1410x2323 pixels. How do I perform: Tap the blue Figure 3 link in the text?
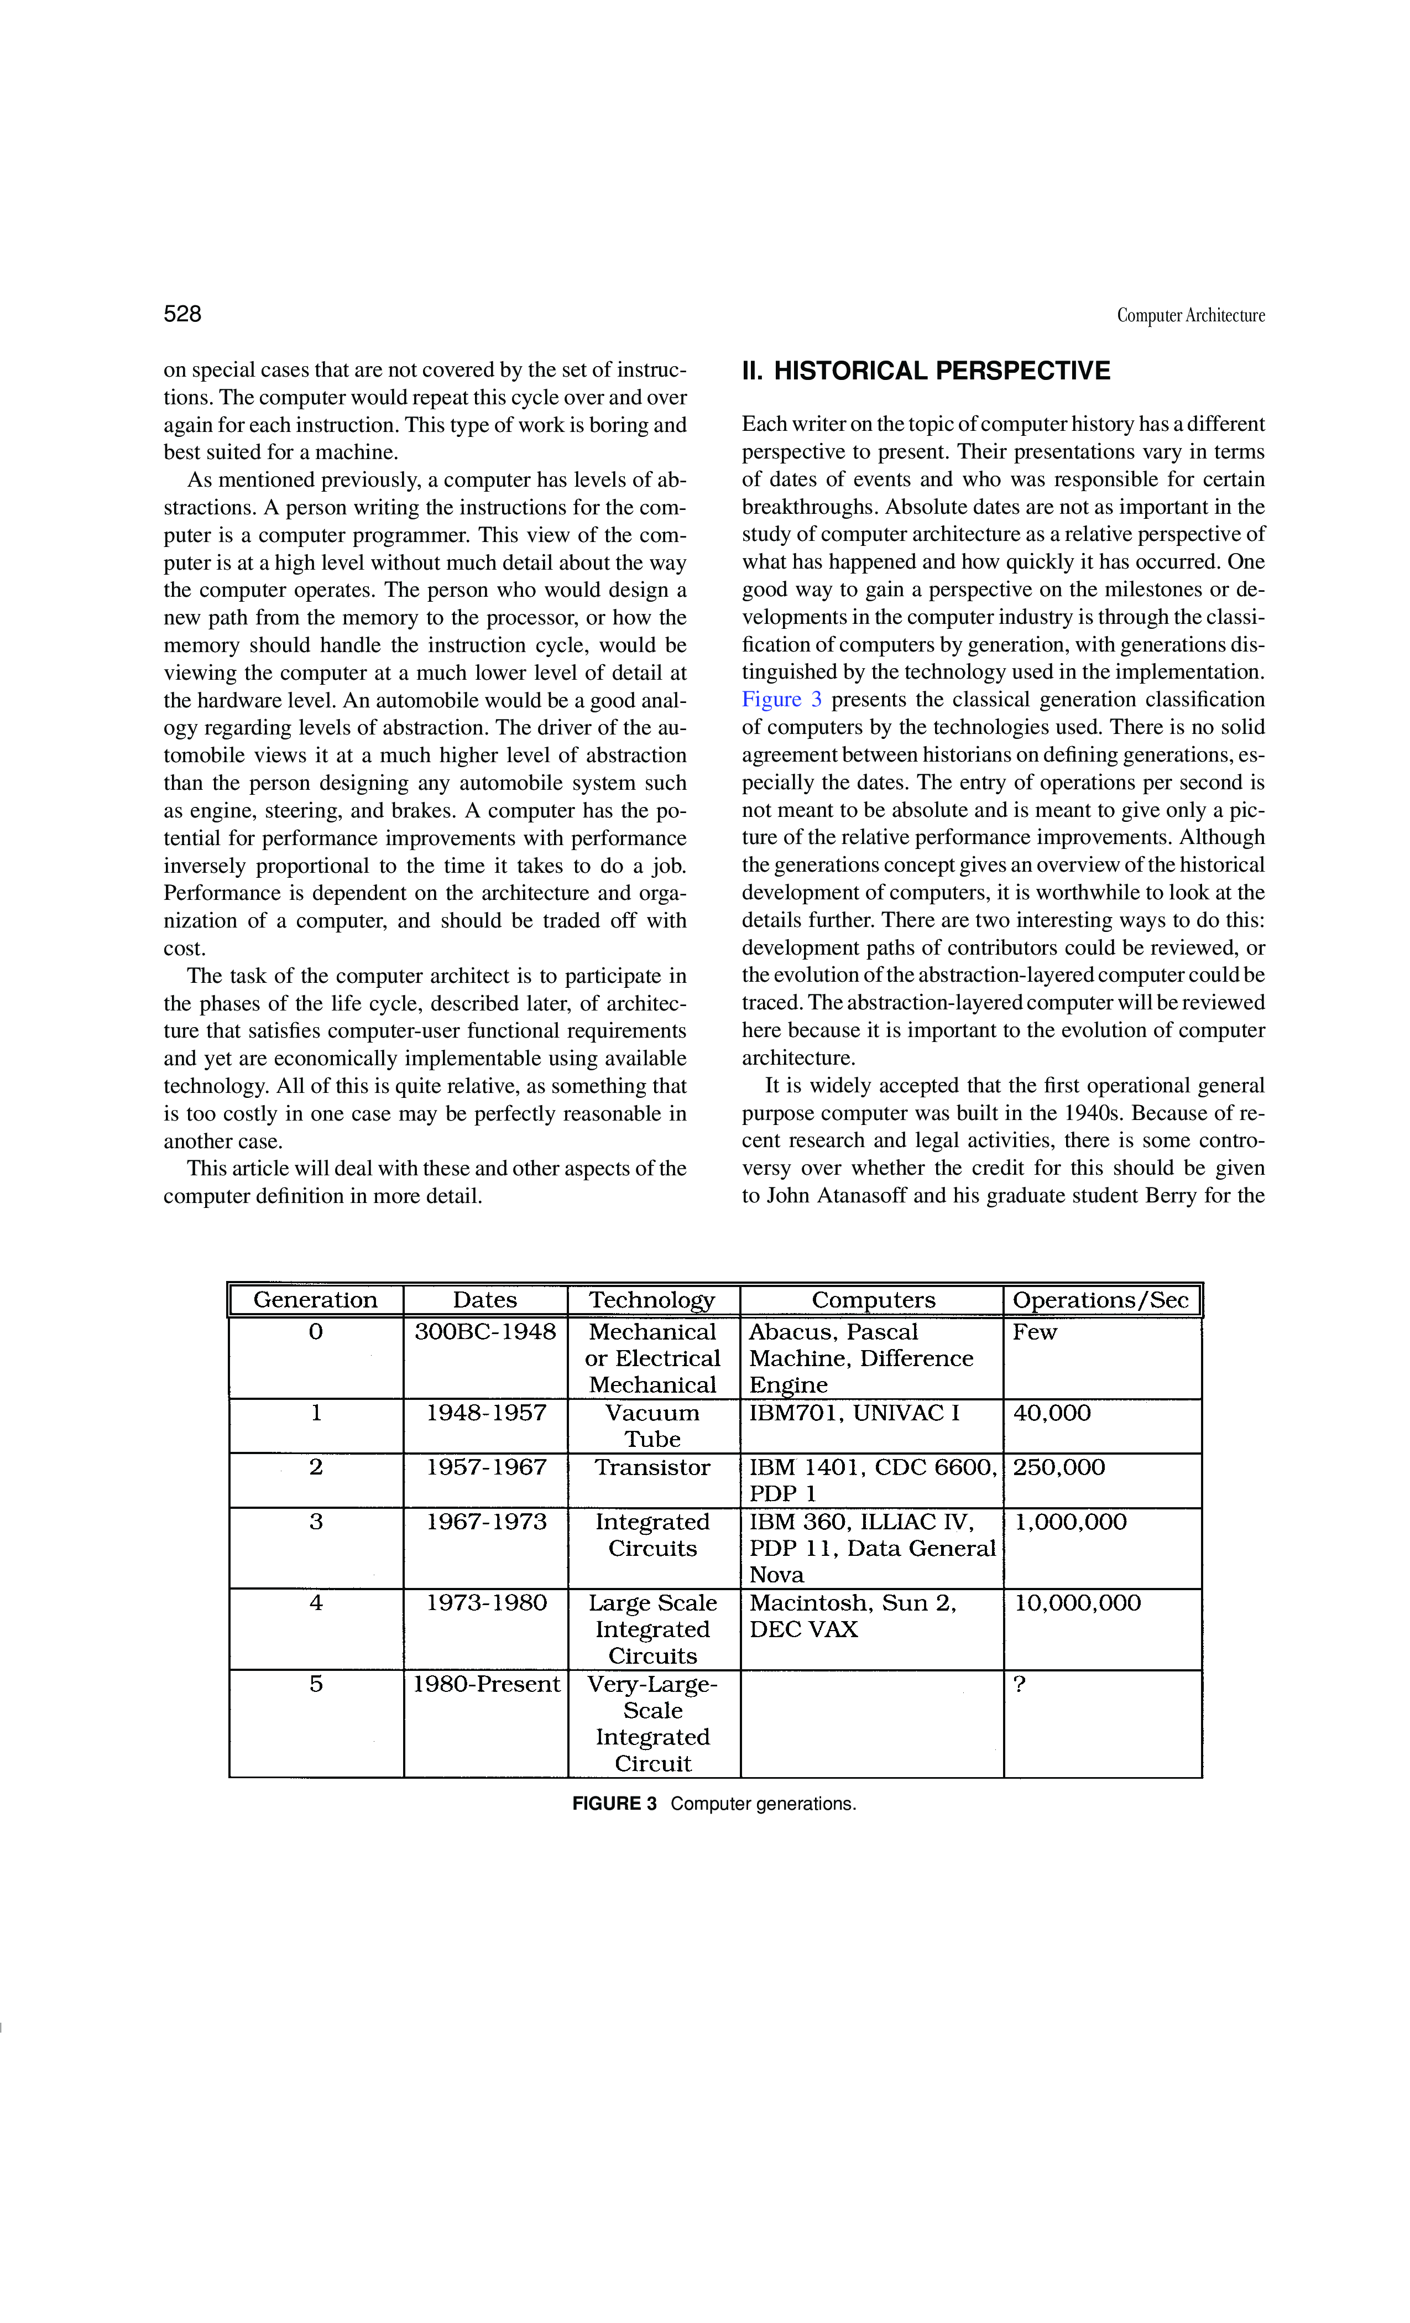(781, 700)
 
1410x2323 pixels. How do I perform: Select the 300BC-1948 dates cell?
(485, 1332)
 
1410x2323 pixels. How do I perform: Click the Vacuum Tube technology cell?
(652, 1425)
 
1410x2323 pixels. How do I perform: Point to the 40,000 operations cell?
(1052, 1413)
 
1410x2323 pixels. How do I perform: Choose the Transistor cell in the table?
(652, 1468)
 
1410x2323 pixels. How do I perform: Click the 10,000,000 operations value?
(1077, 1603)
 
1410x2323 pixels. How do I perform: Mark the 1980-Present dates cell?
(485, 1684)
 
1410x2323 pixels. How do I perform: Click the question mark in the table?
(1019, 1684)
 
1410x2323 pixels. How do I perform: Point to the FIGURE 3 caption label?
(614, 1804)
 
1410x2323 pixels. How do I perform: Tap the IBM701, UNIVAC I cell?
(854, 1413)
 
